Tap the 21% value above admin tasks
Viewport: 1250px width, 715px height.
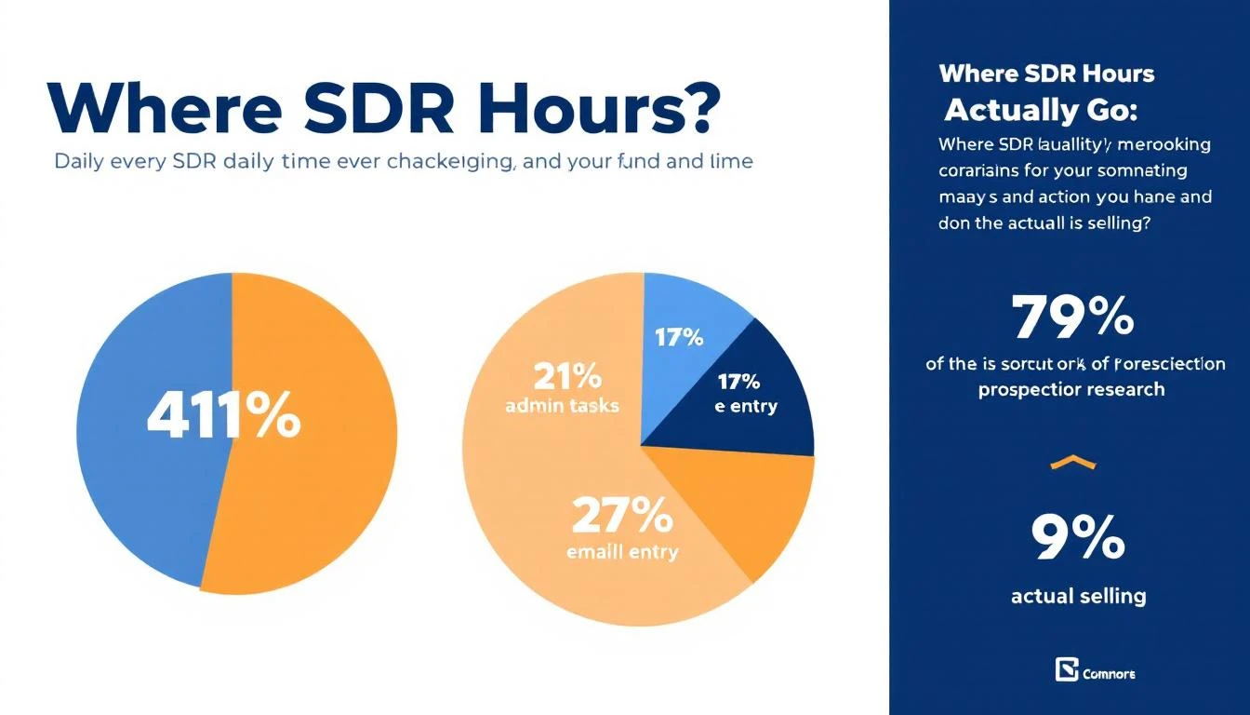pos(566,377)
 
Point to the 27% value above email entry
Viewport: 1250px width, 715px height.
pos(622,515)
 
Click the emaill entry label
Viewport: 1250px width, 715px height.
pos(622,551)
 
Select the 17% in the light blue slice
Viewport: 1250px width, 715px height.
pos(679,337)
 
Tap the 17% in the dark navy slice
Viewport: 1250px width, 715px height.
pos(738,381)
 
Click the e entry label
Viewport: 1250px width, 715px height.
pos(746,406)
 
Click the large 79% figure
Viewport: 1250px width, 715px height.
pos(1072,317)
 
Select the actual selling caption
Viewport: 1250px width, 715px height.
pos(1078,596)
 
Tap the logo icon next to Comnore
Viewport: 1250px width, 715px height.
pos(1066,669)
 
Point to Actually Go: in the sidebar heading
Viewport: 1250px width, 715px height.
pos(1040,110)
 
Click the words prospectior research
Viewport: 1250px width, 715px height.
pos(1071,389)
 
